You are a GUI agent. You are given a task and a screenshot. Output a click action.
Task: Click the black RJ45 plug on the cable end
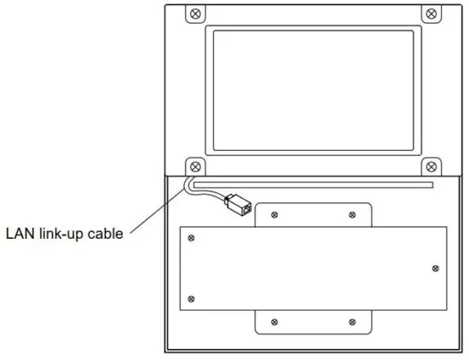tap(237, 203)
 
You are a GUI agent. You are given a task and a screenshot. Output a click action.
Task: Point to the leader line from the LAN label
tap(159, 209)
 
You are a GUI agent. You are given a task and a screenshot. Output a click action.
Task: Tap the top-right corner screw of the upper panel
tap(431, 15)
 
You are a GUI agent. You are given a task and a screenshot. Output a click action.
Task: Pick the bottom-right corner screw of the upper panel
tap(431, 165)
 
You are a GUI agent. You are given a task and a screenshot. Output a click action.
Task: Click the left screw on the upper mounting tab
tap(274, 215)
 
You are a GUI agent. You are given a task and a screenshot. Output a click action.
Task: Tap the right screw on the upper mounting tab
tap(352, 215)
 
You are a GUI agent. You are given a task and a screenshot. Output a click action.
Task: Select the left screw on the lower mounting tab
tap(274, 322)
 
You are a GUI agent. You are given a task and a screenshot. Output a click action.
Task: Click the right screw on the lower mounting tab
tap(352, 322)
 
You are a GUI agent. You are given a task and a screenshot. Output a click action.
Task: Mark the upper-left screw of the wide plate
tap(191, 238)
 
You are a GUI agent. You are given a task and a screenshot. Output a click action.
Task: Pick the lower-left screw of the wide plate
tap(191, 298)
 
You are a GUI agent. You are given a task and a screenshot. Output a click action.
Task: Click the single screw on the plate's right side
tap(436, 268)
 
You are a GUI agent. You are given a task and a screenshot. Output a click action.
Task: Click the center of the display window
tap(314, 90)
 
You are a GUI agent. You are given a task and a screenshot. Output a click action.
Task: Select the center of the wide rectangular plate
tap(315, 268)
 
